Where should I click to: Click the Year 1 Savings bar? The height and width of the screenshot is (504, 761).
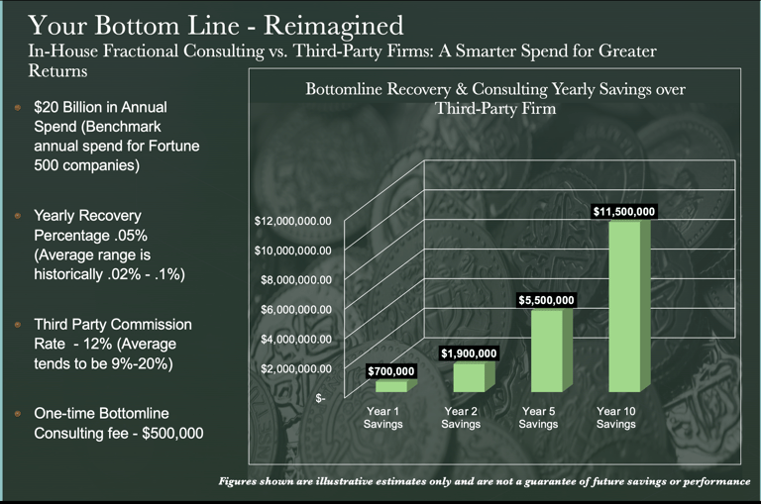coord(364,386)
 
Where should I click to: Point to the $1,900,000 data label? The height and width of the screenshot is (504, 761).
coord(468,353)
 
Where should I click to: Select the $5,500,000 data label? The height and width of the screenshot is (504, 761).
coord(546,300)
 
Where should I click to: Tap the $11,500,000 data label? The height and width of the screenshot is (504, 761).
coord(624,211)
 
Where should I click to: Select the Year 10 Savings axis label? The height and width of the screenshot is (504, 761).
coord(615,417)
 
